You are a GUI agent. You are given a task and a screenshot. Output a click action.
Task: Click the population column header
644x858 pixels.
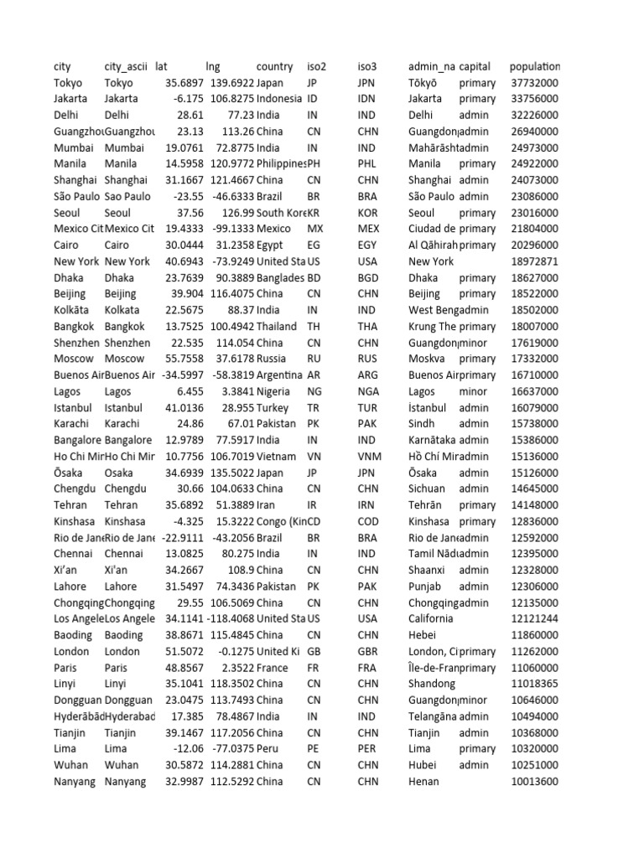534,66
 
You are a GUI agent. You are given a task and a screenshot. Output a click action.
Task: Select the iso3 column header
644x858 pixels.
367,66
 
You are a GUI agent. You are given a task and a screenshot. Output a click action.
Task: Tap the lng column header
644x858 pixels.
213,66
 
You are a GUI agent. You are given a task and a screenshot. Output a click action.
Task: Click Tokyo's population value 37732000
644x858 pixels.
534,83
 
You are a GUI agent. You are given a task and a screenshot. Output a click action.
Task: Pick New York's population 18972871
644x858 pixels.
534,261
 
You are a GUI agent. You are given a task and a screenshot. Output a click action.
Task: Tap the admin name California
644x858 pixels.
431,618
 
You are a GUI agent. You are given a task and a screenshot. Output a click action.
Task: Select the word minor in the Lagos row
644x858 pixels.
473,391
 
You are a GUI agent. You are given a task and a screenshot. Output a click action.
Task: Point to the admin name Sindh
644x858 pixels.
423,424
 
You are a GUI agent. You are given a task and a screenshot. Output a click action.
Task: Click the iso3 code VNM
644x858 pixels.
370,457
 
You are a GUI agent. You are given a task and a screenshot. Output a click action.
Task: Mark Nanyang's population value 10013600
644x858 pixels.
534,781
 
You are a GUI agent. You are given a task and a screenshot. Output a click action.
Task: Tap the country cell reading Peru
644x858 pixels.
269,748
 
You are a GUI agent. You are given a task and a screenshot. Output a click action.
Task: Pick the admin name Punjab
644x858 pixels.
426,587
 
